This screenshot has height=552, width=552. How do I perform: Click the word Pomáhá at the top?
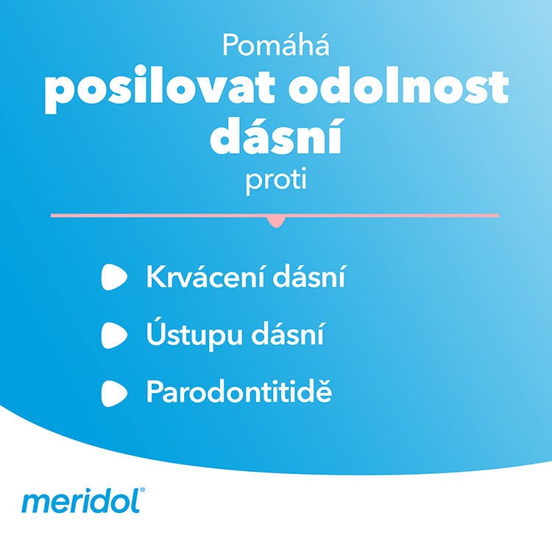point(275,47)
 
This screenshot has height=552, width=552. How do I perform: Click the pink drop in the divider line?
point(277,220)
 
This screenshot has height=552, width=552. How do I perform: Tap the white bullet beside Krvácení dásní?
point(115,278)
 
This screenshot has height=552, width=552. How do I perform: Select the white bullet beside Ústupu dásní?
point(115,336)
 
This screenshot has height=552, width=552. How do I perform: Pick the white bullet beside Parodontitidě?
point(115,392)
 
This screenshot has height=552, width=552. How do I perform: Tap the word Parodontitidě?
point(239,392)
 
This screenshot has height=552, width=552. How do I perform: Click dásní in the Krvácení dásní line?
point(310,278)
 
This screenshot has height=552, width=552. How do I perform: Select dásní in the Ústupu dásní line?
point(286,335)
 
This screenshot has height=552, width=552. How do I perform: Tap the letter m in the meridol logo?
point(33,503)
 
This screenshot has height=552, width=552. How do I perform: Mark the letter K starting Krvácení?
point(155,278)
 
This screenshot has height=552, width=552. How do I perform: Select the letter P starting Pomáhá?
point(230,47)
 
